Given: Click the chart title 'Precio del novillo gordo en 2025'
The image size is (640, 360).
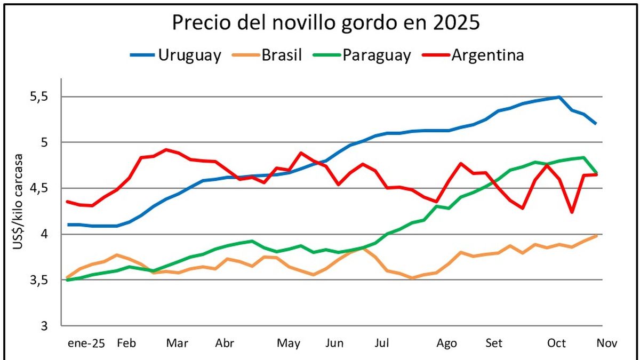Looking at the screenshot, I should [x=326, y=24].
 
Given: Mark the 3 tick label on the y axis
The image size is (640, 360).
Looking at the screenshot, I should [x=46, y=325].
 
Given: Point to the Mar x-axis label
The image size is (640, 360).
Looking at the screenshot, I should [x=177, y=343].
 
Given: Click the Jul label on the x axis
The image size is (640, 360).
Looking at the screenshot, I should [x=381, y=343].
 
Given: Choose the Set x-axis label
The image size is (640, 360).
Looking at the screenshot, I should [x=494, y=343].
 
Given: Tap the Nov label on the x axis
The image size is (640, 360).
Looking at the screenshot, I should [x=606, y=343].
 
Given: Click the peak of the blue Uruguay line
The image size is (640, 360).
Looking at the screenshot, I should [x=558, y=97].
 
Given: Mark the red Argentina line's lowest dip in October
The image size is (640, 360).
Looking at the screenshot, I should [x=572, y=212].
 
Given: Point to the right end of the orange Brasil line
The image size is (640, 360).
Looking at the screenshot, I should [x=596, y=235].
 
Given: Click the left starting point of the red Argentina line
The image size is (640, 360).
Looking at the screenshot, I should [x=67, y=202].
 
